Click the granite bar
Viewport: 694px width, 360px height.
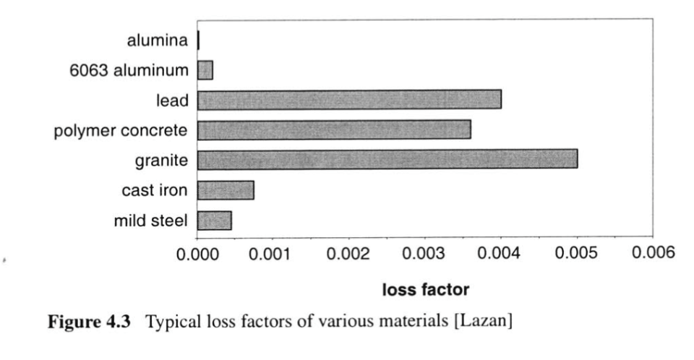[387, 159]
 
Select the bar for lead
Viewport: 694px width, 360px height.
[349, 99]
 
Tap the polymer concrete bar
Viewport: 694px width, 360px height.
[334, 129]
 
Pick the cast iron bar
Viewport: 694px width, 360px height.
[226, 189]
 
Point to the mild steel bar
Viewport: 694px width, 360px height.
[214, 220]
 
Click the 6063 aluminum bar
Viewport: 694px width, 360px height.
[205, 70]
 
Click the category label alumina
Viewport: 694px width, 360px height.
[158, 40]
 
